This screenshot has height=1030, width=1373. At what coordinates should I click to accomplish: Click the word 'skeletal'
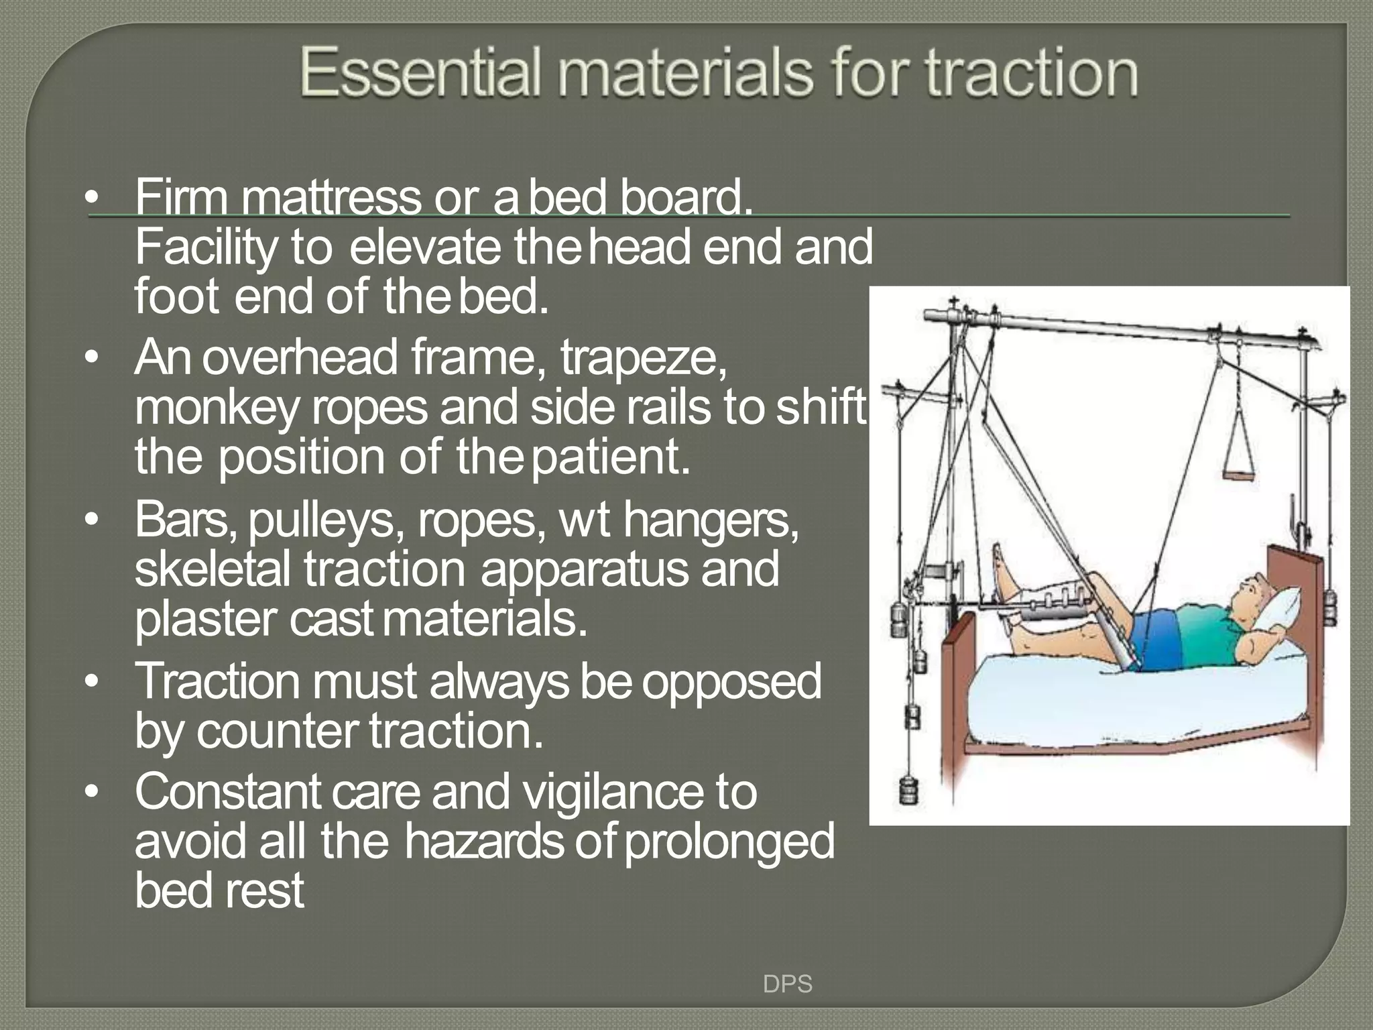click(213, 569)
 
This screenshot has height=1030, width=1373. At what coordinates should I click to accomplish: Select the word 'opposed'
click(731, 681)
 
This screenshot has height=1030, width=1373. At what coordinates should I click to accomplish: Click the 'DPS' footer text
click(788, 984)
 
